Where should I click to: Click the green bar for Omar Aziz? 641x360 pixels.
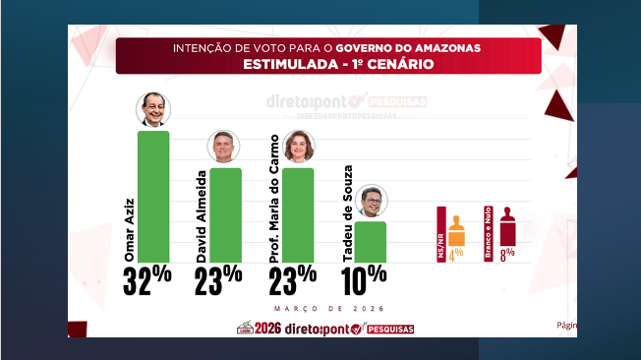point(152,196)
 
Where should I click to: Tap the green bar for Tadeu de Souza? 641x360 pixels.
point(371,241)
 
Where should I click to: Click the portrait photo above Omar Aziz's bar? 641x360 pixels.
point(152,109)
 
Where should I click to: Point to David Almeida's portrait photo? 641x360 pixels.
point(224,147)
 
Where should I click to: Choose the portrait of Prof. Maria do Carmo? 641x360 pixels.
point(298,147)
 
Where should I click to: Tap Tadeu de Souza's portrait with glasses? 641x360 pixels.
point(371,201)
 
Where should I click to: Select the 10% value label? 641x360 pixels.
point(364,280)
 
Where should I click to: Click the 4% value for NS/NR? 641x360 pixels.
point(456,254)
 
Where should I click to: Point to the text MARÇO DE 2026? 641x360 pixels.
point(315,307)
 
